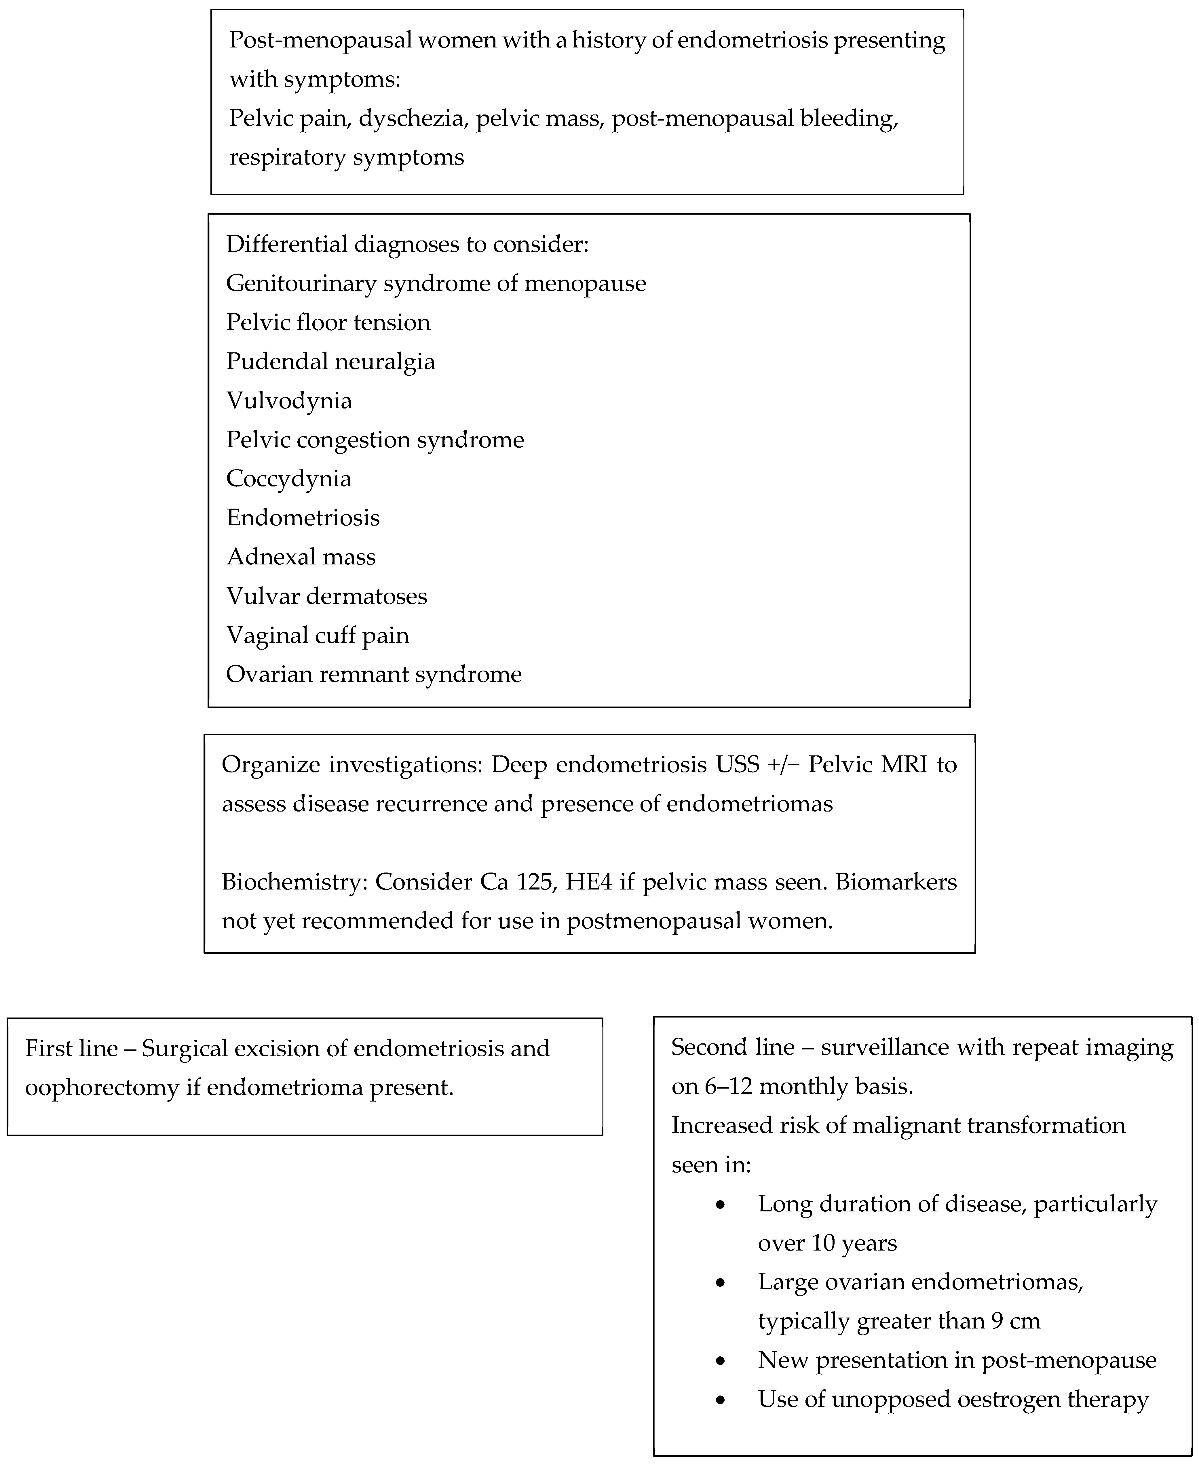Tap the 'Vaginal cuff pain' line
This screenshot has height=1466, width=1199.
coord(318,635)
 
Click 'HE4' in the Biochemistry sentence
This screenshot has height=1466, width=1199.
coord(588,882)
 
